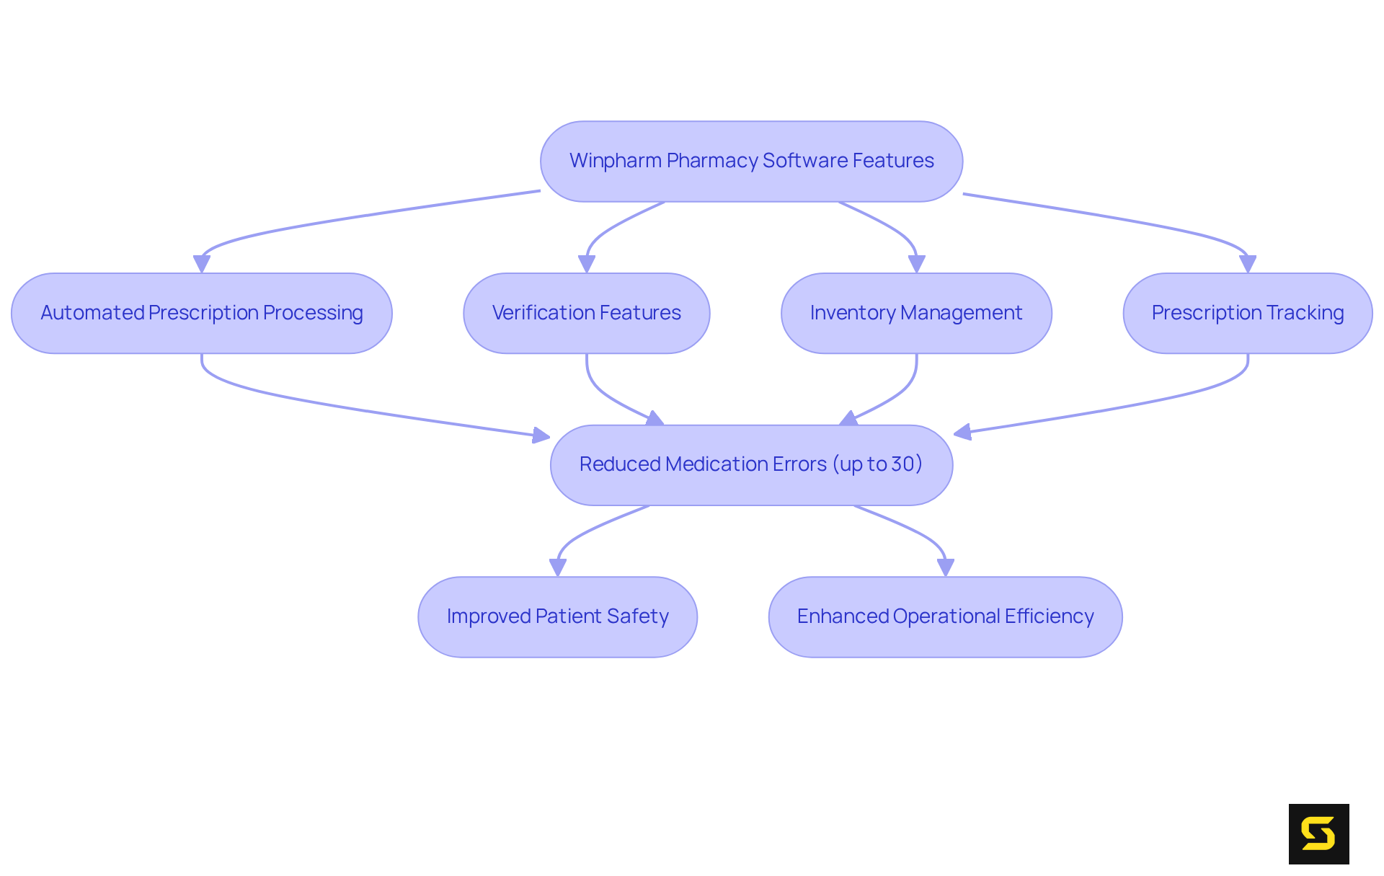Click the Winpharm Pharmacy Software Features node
[751, 161]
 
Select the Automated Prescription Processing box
[202, 313]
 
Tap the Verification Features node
[586, 313]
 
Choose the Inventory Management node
[916, 313]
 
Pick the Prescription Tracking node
[1247, 313]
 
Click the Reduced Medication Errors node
[751, 464]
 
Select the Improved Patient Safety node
[557, 616]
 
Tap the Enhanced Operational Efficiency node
[945, 616]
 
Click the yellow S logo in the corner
[1318, 833]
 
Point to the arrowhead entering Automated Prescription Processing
[202, 264]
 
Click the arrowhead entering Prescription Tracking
[1248, 264]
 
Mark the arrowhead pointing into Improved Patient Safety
[558, 567]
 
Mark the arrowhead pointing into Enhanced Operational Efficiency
[946, 567]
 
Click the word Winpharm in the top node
[615, 161]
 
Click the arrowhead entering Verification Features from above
[587, 264]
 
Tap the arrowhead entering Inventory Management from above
[916, 264]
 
